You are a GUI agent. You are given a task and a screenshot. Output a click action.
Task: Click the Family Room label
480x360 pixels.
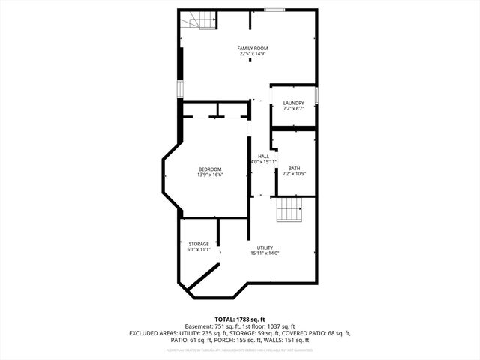[253, 48]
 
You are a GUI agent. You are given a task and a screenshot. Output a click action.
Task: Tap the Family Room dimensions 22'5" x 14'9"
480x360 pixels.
[253, 54]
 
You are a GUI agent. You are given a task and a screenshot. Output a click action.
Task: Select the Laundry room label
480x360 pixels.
[293, 103]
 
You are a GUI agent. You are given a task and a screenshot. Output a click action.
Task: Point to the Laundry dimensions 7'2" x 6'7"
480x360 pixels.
[293, 109]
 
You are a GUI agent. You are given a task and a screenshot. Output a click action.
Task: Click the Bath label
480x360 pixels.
[293, 168]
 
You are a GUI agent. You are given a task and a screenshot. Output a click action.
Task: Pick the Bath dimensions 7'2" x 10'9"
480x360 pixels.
[293, 174]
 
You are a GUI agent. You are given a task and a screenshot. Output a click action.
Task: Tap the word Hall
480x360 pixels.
[263, 156]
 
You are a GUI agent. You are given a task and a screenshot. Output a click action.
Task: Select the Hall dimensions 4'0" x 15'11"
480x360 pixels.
[263, 162]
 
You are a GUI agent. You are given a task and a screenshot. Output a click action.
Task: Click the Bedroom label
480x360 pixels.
[210, 169]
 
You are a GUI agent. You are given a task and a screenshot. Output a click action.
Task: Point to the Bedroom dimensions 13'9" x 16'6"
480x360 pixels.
[210, 175]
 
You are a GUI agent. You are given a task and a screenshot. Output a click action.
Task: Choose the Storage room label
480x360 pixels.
[199, 243]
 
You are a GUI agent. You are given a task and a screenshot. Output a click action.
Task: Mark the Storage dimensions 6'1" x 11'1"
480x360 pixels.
[199, 249]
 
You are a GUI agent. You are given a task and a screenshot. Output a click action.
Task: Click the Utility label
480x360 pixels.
[265, 247]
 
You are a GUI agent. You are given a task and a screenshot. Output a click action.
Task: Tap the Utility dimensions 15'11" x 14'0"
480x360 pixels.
[265, 253]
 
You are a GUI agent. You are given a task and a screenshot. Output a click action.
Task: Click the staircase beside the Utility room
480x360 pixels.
[288, 210]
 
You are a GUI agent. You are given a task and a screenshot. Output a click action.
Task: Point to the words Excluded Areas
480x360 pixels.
[154, 332]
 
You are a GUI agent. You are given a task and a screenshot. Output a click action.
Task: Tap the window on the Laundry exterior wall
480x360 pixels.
[316, 95]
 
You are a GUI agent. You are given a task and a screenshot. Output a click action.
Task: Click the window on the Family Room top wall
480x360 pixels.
[274, 10]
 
